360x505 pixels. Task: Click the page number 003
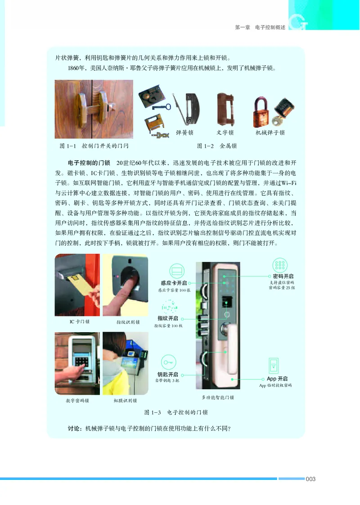click(x=310, y=479)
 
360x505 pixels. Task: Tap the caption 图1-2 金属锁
click(x=217, y=146)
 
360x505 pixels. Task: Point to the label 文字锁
click(x=225, y=133)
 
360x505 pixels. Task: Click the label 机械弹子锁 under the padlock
click(x=270, y=133)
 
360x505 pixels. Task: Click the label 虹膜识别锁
click(x=125, y=400)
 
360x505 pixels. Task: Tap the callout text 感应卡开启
click(x=174, y=283)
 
